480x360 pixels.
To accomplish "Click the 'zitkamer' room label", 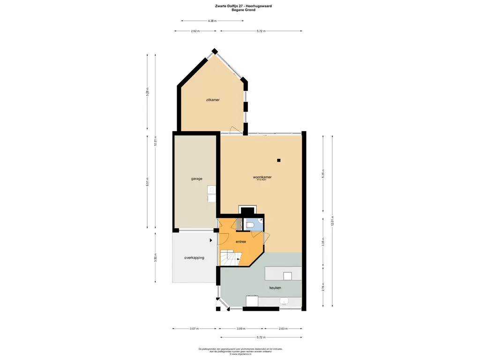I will click(x=213, y=100).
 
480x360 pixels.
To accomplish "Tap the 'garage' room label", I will click(x=196, y=179).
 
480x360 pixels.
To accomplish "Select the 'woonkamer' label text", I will click(x=262, y=177).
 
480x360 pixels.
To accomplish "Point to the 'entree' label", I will click(x=241, y=242).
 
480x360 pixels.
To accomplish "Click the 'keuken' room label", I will click(x=275, y=288).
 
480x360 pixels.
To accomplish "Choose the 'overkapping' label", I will click(x=194, y=257).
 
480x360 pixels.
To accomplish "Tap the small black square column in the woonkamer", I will click(x=279, y=160).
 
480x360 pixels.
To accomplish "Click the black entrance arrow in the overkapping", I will click(x=211, y=240).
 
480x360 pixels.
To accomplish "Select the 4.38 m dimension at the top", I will click(x=212, y=21).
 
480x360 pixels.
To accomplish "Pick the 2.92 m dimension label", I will click(x=195, y=31).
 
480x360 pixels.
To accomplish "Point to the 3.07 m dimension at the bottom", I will click(x=195, y=329).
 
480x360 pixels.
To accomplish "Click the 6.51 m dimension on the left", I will click(x=147, y=183).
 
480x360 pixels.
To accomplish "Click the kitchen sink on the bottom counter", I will click(x=284, y=301).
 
